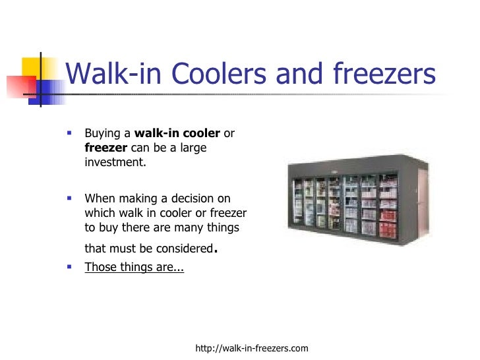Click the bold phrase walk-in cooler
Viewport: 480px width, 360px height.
click(177, 134)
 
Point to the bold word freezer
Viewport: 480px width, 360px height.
click(106, 148)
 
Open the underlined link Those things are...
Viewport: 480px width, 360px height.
click(134, 268)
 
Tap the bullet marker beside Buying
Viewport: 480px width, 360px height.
click(69, 133)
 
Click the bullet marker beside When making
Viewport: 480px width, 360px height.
click(69, 197)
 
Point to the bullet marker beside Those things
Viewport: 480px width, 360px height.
click(69, 267)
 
